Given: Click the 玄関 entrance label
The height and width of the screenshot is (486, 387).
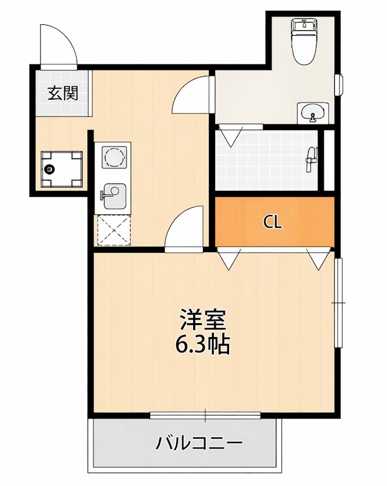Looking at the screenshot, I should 62,94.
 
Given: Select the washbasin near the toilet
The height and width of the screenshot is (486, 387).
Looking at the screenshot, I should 313,112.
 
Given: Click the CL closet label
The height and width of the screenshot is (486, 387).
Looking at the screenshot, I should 273,222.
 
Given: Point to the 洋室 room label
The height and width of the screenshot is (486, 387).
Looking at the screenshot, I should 202,320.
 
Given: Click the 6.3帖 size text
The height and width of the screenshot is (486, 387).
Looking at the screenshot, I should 202,345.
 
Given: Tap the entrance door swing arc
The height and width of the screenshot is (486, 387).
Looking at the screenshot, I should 58,44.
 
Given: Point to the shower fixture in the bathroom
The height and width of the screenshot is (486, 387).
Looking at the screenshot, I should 310,157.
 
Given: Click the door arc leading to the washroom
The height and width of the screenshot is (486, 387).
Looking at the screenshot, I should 191,96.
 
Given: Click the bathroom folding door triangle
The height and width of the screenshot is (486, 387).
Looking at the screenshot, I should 231,135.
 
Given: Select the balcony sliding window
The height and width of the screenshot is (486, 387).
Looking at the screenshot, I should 205,416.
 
